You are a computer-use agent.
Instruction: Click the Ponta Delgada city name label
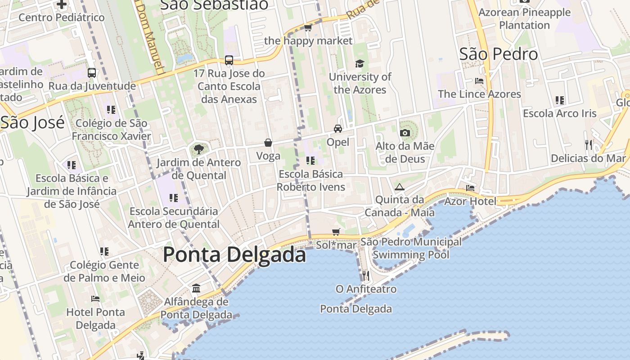tap(234, 255)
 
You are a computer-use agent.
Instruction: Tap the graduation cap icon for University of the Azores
tap(359, 63)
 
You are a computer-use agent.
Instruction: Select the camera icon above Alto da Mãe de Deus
tap(405, 133)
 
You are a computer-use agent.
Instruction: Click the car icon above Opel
tap(337, 129)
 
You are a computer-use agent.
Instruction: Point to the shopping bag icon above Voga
tap(268, 143)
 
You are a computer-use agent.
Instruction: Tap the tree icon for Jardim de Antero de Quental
tap(198, 149)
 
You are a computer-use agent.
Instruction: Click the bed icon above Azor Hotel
tap(470, 188)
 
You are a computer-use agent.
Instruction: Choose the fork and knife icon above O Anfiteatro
tap(365, 275)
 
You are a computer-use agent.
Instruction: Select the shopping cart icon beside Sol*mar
tap(336, 232)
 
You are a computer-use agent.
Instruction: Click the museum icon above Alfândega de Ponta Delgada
tap(196, 288)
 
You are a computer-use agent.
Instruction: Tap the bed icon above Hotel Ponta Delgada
tap(95, 298)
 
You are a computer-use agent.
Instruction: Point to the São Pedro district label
tap(499, 54)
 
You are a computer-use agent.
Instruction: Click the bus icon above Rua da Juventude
tap(92, 72)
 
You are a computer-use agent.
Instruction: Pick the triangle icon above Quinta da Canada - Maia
tap(399, 186)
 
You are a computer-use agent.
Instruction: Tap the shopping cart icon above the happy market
tap(308, 28)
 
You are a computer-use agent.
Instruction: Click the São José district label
tap(32, 122)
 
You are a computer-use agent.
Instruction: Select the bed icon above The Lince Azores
tap(479, 81)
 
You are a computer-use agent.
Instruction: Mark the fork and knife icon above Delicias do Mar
tap(588, 145)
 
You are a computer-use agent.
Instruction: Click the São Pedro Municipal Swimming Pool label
tap(411, 248)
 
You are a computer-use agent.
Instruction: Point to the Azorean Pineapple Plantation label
tap(524, 18)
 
